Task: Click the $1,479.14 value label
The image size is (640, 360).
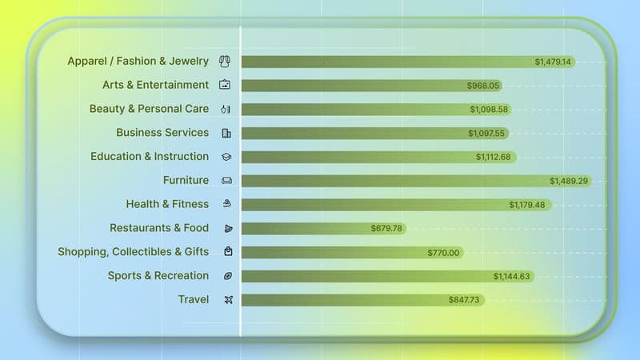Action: [554, 62]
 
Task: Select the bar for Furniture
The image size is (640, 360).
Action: [400, 181]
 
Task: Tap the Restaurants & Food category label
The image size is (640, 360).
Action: [159, 228]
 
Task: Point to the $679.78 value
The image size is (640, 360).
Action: [387, 229]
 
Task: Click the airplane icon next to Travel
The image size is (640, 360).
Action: [227, 300]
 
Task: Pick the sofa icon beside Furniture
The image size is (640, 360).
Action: [227, 181]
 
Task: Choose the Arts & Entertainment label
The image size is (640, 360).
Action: [155, 85]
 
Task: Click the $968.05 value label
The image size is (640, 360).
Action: [483, 86]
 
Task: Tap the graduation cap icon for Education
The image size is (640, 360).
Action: [227, 157]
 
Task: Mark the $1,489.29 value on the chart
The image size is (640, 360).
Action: [569, 181]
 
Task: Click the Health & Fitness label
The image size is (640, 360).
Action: [167, 204]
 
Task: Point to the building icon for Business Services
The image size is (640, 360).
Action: [227, 133]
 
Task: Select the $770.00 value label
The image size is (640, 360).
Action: [443, 253]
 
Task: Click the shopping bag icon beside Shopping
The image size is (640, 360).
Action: [228, 252]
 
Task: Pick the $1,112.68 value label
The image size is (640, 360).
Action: [493, 157]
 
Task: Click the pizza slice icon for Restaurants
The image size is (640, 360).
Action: [228, 229]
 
